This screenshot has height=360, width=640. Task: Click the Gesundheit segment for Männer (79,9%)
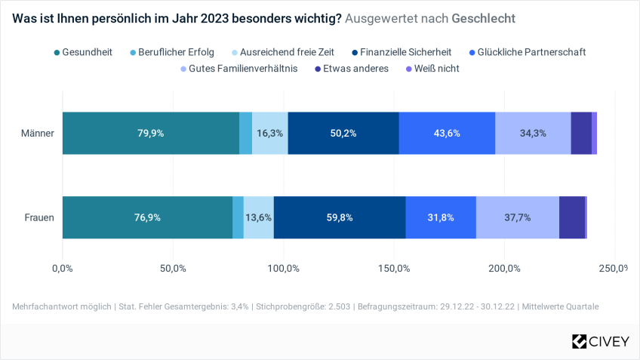click(151, 133)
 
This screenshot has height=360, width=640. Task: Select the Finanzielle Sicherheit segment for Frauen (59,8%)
click(340, 217)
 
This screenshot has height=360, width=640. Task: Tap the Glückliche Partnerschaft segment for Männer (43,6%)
click(447, 133)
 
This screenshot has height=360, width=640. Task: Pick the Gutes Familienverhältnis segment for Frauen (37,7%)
click(517, 217)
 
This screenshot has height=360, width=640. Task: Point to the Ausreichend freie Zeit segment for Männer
click(270, 133)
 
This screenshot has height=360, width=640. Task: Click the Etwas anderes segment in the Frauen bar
click(571, 217)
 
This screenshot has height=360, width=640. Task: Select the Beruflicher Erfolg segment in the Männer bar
click(245, 133)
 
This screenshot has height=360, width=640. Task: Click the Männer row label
click(38, 133)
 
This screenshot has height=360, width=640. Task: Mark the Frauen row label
click(39, 217)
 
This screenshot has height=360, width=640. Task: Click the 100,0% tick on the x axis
click(283, 268)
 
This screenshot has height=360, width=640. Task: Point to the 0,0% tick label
click(62, 268)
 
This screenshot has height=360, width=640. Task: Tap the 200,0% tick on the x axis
click(504, 268)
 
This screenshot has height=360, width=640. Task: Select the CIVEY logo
click(600, 341)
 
